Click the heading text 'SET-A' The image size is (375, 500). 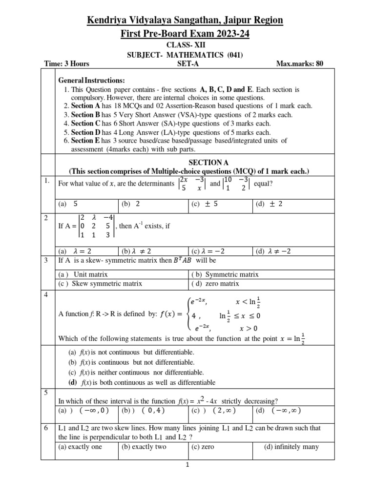pos(187,63)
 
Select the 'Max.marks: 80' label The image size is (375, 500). pos(299,63)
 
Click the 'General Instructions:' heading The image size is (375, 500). pos(91,80)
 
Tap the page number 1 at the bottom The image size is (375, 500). pos(187,465)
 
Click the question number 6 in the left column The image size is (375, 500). pos(45,428)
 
